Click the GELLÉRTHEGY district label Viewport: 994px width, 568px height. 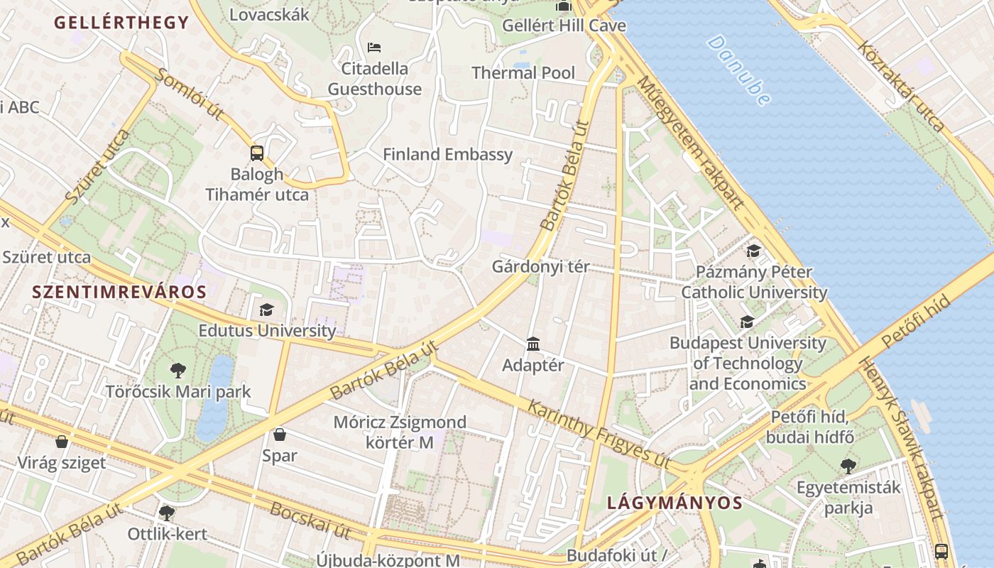121,23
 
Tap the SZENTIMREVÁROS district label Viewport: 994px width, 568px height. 119,291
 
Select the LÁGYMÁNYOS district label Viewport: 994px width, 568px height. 674,503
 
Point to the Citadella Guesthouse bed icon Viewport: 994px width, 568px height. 374,48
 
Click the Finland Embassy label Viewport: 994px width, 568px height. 447,154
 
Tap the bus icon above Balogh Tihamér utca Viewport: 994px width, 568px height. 257,153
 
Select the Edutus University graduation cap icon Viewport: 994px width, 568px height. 266,310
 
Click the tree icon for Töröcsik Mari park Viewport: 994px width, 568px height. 178,370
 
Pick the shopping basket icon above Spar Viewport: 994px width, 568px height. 280,434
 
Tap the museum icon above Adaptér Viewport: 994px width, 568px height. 533,344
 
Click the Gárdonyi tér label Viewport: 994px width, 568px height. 540,267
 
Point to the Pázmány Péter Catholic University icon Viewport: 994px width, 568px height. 753,251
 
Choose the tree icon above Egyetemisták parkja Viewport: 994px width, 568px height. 848,466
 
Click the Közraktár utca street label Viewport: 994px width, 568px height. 901,87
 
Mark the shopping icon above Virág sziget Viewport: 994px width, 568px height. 62,442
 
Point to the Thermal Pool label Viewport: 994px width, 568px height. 523,72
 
